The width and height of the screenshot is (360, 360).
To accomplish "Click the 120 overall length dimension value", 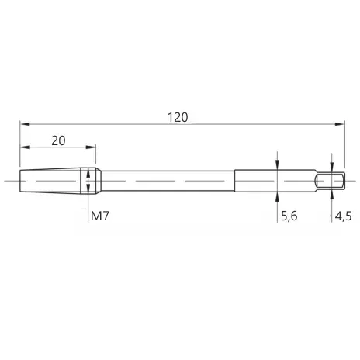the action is [178, 117].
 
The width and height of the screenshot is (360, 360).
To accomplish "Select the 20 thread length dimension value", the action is [58, 140].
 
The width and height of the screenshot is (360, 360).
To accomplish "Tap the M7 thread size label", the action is [100, 216].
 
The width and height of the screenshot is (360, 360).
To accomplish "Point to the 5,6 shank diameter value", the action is [289, 216].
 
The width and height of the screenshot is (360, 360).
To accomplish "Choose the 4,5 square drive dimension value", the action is [343, 216].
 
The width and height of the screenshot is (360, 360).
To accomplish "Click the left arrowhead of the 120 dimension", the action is [25, 124].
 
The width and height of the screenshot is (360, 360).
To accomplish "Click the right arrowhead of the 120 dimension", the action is [340, 124].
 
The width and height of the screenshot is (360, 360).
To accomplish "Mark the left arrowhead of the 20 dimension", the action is [25, 147].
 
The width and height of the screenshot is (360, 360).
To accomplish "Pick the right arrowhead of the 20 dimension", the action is [91, 147].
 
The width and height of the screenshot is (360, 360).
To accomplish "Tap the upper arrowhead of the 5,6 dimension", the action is [277, 164].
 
